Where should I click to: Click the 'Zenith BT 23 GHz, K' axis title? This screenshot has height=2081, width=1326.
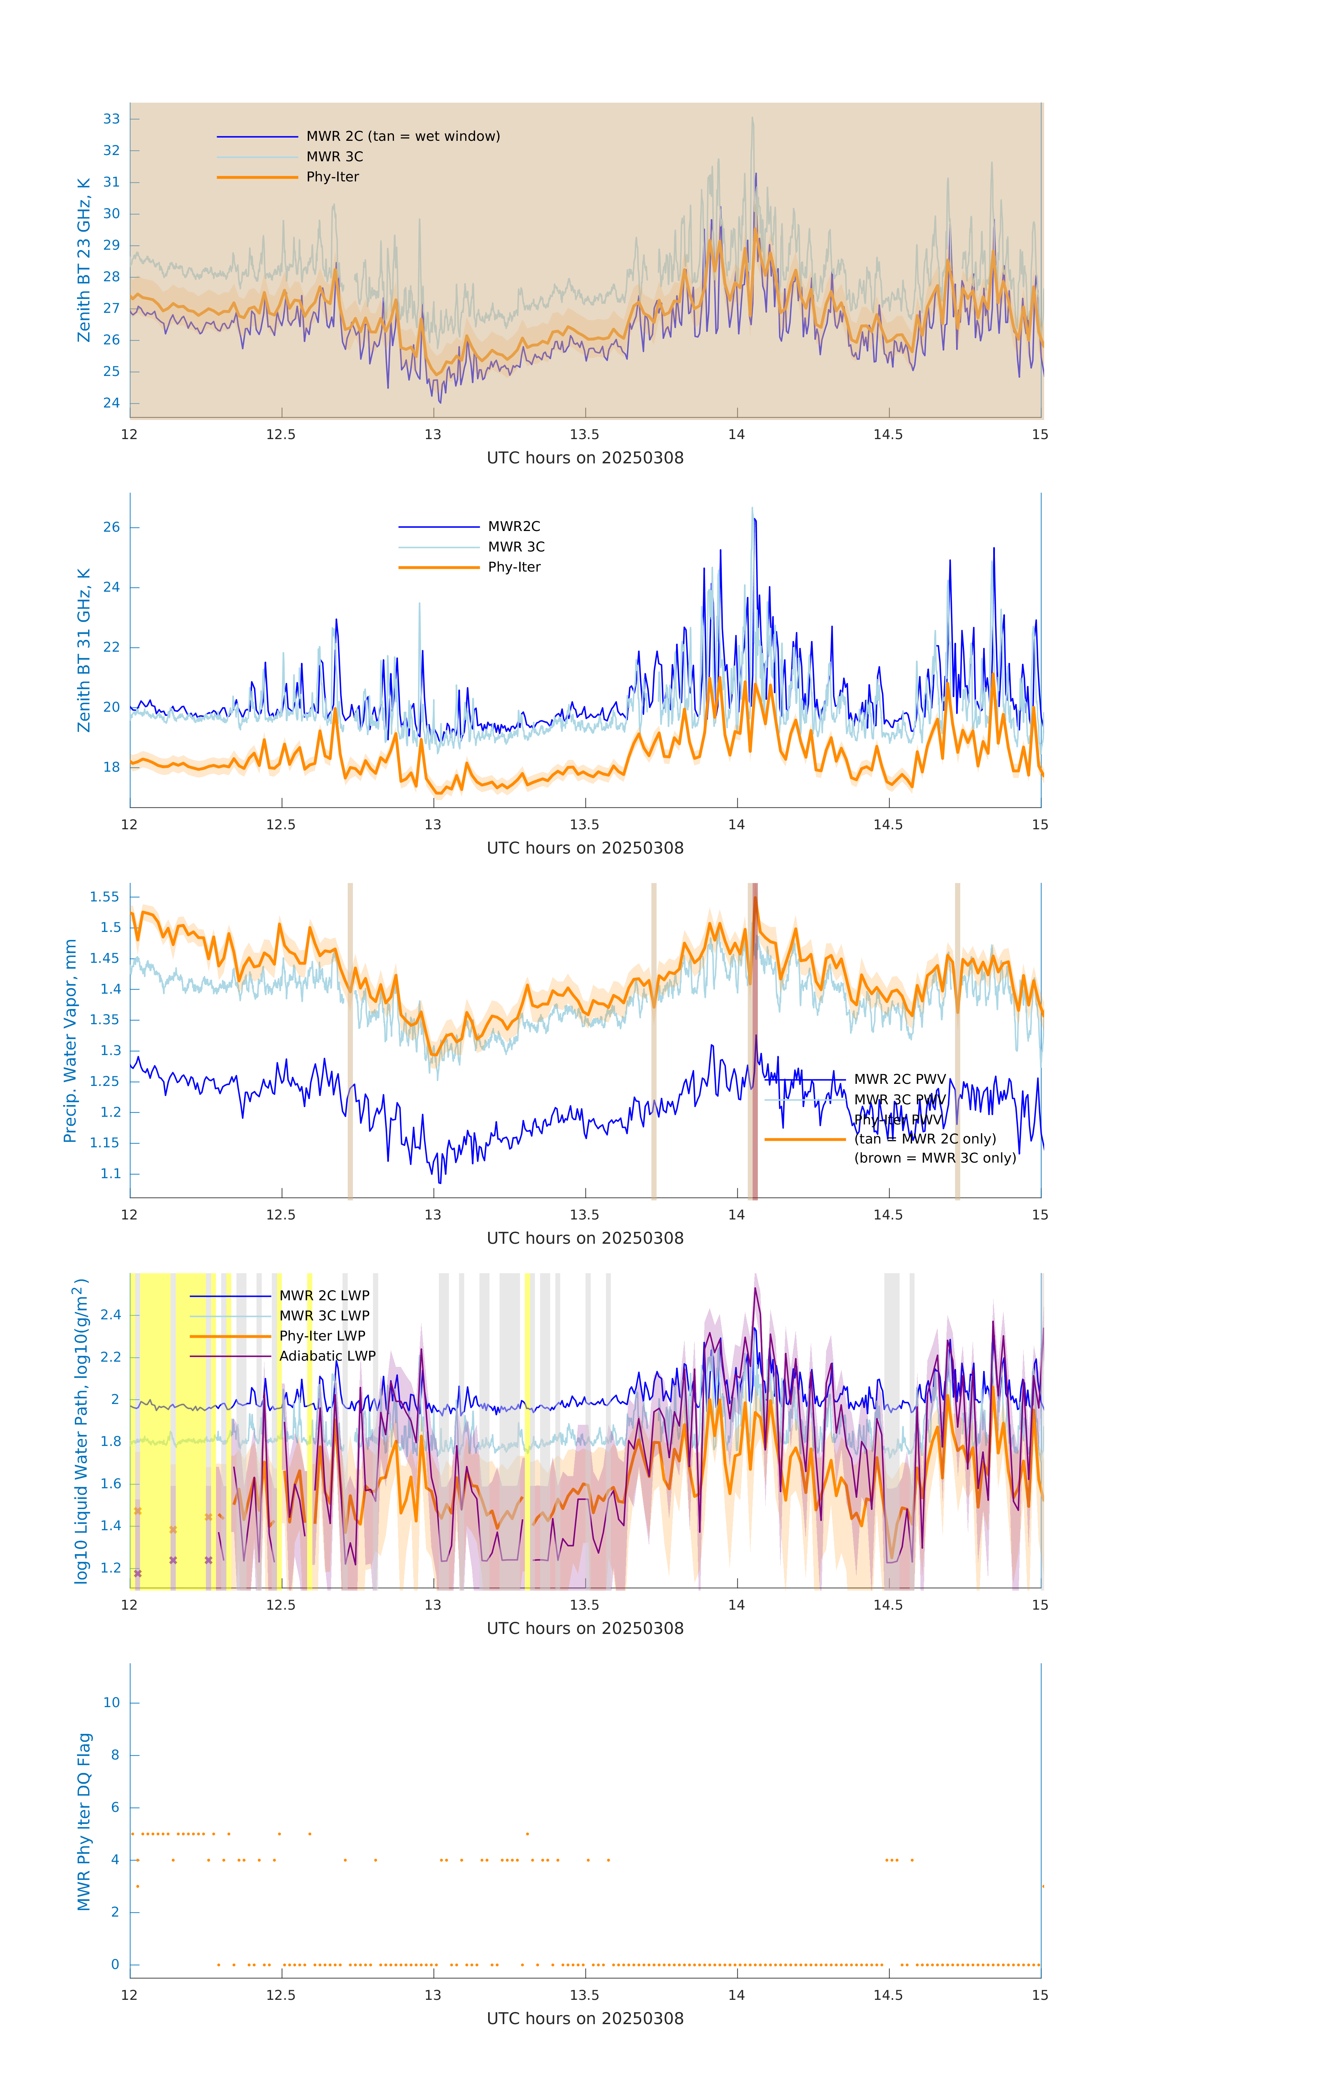84,260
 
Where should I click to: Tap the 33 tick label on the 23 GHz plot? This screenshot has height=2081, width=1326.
111,119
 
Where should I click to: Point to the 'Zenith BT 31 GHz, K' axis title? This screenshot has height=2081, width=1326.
84,650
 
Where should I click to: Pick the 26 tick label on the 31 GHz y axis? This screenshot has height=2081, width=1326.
111,527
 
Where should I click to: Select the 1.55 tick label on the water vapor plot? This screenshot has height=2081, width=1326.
105,897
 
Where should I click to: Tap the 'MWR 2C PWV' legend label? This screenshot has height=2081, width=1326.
899,1079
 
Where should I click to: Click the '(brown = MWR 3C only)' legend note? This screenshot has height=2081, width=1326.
935,1158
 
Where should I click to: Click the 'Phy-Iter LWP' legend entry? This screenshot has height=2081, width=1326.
322,1336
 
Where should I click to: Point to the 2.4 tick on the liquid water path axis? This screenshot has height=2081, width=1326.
111,1315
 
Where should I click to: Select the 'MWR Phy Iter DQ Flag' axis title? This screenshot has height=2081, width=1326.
84,1822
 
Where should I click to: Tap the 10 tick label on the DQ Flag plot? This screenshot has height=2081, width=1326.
111,1703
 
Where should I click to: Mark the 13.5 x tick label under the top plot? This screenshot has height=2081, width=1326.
585,435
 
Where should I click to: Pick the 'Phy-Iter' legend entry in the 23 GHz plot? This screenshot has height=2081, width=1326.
332,177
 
